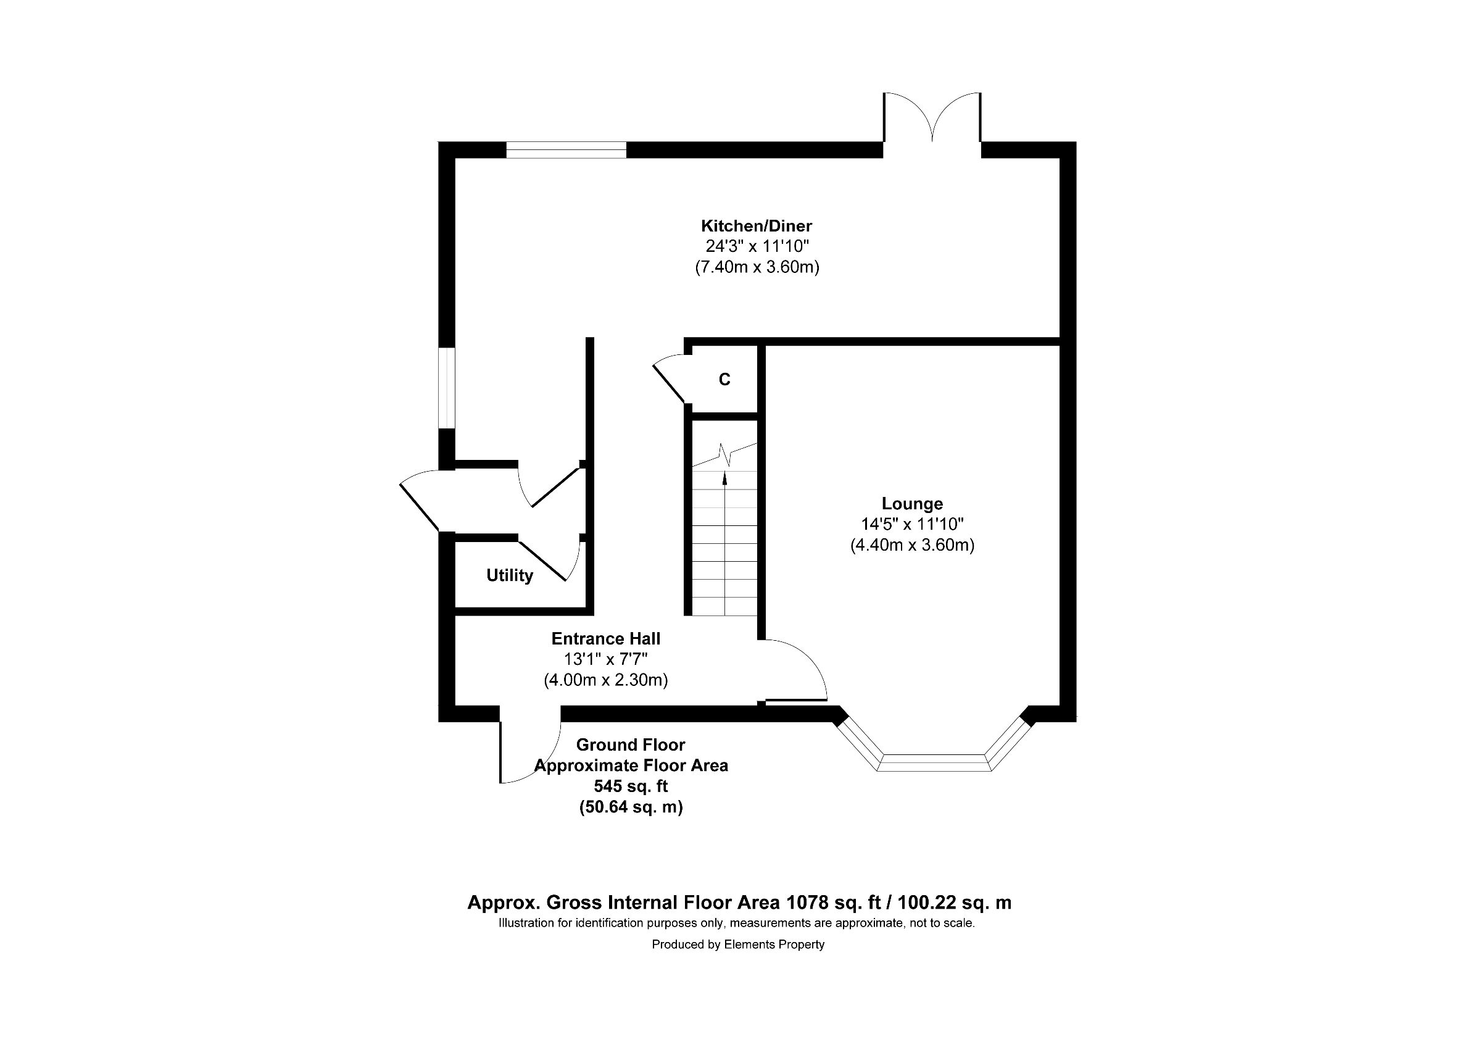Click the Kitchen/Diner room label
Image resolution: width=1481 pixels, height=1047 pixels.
[x=756, y=226]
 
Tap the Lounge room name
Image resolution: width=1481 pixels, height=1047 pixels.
[x=912, y=504]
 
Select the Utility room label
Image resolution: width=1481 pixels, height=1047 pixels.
[x=510, y=575]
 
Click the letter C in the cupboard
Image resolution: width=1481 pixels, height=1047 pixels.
[x=724, y=380]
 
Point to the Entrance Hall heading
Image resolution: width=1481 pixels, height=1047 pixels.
[x=606, y=639]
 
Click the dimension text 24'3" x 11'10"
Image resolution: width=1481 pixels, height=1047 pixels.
[x=757, y=246]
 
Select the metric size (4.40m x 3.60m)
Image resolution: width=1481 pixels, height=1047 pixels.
[x=912, y=545]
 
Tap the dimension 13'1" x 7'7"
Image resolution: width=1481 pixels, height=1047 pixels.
[x=606, y=659]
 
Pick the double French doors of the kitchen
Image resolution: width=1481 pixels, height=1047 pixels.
[x=932, y=117]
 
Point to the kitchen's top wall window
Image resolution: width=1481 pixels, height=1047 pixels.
[x=566, y=150]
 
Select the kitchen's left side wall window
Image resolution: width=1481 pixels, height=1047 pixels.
[x=447, y=388]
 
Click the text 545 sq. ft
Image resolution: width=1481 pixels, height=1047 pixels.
[x=630, y=786]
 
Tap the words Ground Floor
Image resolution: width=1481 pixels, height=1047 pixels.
[x=630, y=745]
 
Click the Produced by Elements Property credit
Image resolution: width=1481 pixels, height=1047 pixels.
[x=738, y=945]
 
